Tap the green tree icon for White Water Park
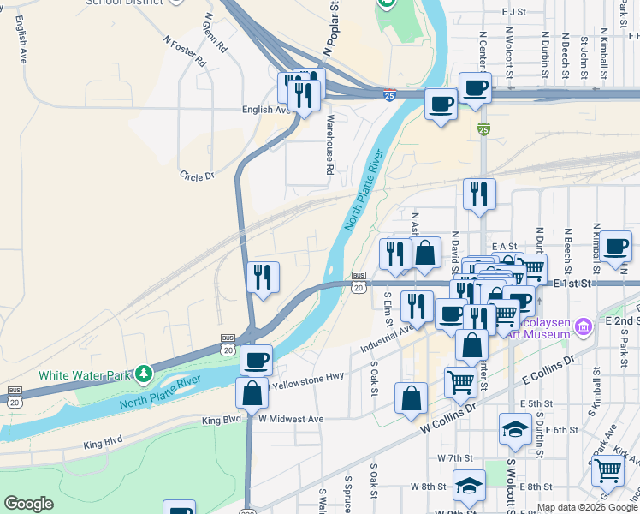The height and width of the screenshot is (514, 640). (145, 374)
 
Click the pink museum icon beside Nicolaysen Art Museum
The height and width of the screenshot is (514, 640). (584, 326)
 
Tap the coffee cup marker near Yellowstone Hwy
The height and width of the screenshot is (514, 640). (256, 359)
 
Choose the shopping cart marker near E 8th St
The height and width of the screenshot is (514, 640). (607, 469)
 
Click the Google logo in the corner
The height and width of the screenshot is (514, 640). (28, 504)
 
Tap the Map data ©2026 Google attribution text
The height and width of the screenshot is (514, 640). (587, 507)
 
